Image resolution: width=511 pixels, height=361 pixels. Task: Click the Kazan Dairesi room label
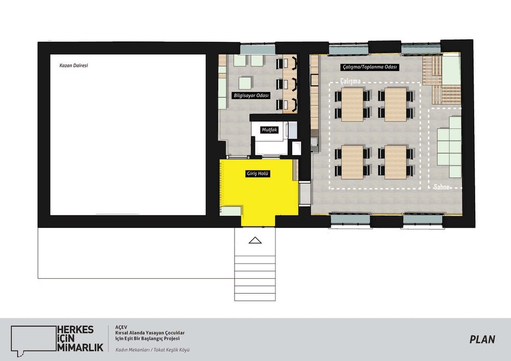(x=74, y=65)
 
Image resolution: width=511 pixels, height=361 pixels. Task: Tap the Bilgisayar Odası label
(x=251, y=95)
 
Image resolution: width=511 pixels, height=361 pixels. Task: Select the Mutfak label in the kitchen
(x=269, y=130)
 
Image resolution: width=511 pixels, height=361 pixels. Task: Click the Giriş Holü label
(x=258, y=174)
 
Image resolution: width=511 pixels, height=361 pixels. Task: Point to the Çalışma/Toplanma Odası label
(x=370, y=67)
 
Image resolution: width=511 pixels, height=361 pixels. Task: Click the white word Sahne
(x=442, y=187)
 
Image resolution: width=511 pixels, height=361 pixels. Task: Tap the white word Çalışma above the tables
(x=351, y=81)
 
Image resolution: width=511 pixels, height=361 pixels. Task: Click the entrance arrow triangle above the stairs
(x=255, y=240)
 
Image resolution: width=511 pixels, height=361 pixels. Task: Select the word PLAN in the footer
(x=482, y=340)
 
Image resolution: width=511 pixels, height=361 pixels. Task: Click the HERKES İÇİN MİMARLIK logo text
(x=80, y=339)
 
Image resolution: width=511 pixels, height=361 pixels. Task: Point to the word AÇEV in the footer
(x=121, y=327)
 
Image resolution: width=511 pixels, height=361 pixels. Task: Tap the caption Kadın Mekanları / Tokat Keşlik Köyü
(x=152, y=350)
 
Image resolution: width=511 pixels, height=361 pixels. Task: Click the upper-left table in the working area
(x=352, y=104)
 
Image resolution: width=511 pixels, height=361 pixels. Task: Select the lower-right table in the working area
(x=396, y=162)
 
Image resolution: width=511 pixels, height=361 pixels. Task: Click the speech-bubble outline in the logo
(x=34, y=339)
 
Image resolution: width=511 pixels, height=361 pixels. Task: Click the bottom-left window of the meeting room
(x=351, y=219)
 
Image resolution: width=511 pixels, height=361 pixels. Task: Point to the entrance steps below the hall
(x=255, y=278)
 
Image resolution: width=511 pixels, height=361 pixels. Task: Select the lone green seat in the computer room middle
(x=245, y=83)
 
